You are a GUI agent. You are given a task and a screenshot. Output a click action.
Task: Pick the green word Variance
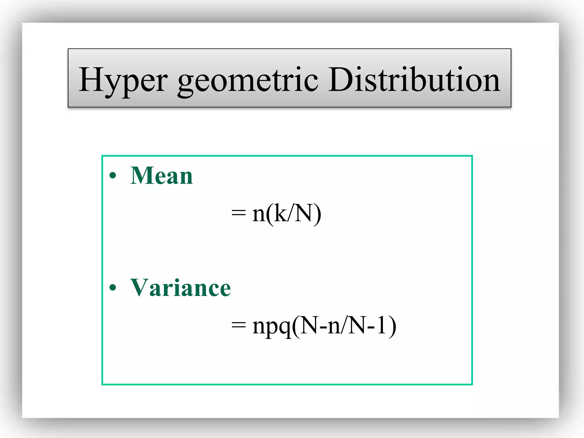tap(180, 288)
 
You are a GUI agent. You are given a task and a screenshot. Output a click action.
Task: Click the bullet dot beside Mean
tap(113, 175)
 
